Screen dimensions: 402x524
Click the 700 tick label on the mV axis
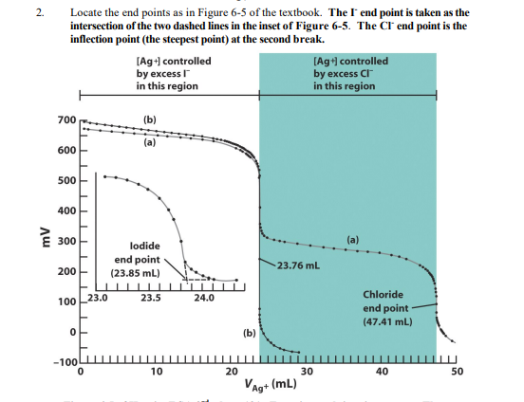click(x=65, y=120)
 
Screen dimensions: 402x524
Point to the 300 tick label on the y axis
click(x=65, y=242)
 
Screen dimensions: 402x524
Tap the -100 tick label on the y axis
click(x=64, y=363)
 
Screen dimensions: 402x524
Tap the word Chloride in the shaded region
click(x=384, y=295)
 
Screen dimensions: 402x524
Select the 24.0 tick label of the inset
click(x=203, y=297)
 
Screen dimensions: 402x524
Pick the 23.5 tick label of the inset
click(x=150, y=297)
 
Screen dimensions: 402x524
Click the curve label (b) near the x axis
click(x=250, y=333)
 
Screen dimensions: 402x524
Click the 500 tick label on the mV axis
click(x=65, y=181)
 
